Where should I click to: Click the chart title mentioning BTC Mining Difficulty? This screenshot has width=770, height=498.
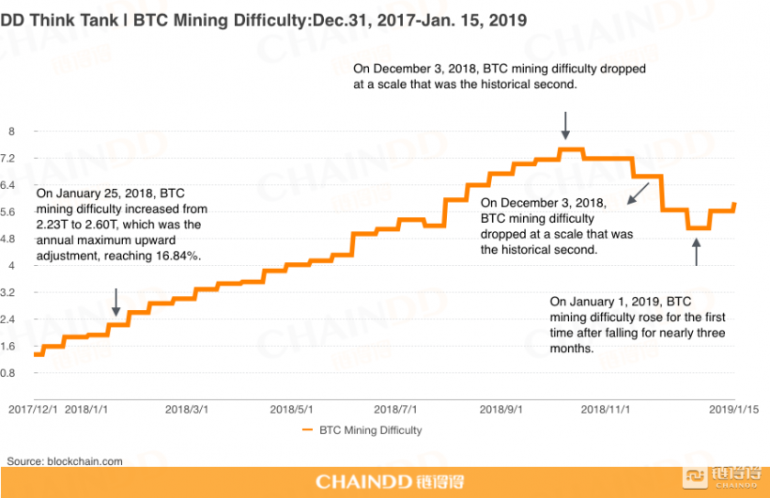pyautogui.click(x=263, y=18)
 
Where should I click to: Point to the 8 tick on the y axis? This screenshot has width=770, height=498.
pyautogui.click(x=11, y=132)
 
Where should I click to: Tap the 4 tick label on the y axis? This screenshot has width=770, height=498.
pyautogui.click(x=11, y=266)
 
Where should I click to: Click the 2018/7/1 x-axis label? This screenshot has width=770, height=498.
pyautogui.click(x=395, y=409)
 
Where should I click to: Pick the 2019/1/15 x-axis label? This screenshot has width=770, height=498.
pyautogui.click(x=734, y=409)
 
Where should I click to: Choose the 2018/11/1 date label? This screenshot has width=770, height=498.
pyautogui.click(x=604, y=409)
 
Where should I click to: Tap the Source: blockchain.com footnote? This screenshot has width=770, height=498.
pyautogui.click(x=65, y=461)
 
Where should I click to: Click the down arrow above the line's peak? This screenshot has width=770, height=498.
pyautogui.click(x=565, y=125)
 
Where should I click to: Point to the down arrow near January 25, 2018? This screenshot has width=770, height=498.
pyautogui.click(x=115, y=302)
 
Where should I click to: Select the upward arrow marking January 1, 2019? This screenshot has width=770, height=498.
pyautogui.click(x=696, y=252)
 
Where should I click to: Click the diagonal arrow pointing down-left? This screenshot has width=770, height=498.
pyautogui.click(x=638, y=194)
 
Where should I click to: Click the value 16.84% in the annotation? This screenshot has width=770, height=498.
pyautogui.click(x=177, y=256)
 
